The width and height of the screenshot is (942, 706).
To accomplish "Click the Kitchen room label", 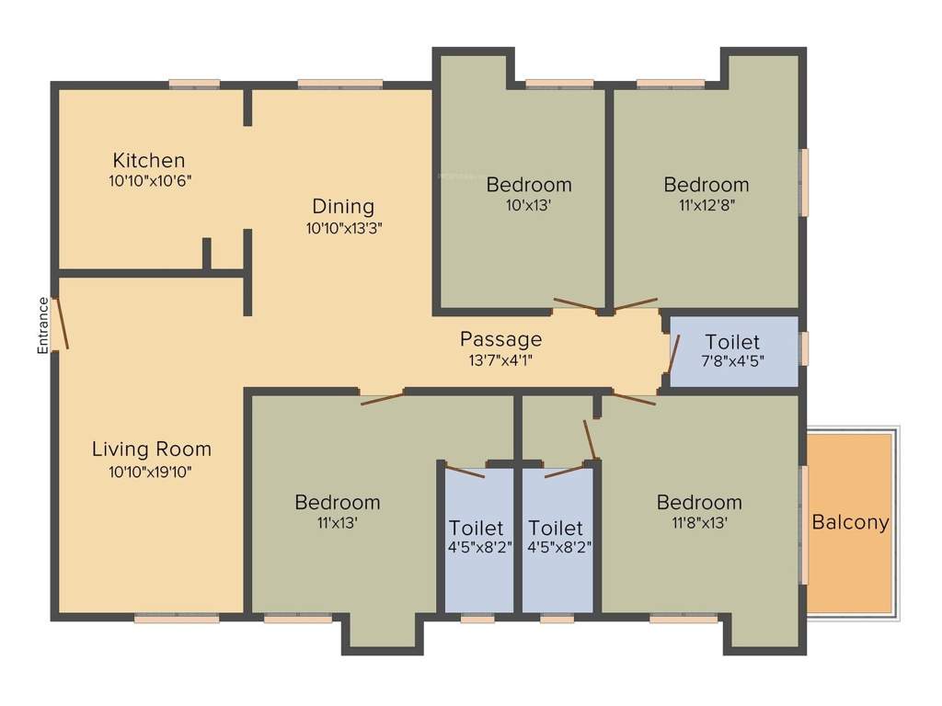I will (149, 160).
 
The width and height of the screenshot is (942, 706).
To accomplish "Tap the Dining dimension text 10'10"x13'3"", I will (343, 228).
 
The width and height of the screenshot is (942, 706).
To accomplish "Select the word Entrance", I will (42, 325).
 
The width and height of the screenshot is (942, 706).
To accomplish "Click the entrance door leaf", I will (60, 323).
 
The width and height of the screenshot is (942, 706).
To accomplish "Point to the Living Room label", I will (152, 450).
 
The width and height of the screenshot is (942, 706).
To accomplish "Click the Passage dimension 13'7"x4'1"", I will (500, 361).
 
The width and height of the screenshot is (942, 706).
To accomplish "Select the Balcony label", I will (850, 522).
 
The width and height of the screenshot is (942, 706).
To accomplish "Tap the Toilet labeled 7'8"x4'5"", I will (732, 343).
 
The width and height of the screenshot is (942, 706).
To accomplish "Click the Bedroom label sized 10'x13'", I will (529, 184).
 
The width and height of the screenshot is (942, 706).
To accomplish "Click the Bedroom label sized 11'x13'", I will (337, 502).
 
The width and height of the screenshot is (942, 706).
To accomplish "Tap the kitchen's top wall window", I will (194, 85).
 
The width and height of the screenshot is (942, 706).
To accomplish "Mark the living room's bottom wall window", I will (177, 620).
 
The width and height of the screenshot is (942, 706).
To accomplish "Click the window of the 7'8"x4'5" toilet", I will (804, 348).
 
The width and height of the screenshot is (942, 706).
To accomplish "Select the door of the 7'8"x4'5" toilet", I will (674, 352).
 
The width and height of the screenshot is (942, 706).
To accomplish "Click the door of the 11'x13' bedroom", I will (382, 398).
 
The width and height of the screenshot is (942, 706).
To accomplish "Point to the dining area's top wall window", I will (339, 85).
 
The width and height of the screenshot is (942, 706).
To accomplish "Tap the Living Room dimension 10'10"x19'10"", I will (151, 472).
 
